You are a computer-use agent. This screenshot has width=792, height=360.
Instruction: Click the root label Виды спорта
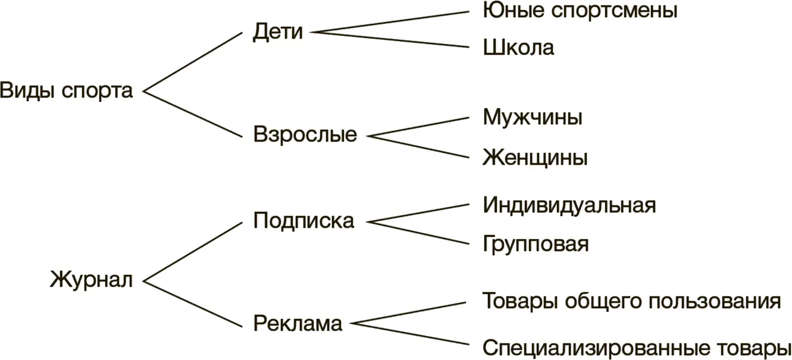(66, 92)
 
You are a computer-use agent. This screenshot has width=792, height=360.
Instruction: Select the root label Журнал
(91, 280)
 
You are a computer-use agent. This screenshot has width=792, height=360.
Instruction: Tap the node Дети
(277, 32)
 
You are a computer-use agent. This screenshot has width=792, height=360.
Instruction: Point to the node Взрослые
(305, 134)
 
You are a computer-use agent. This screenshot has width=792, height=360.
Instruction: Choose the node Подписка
(303, 221)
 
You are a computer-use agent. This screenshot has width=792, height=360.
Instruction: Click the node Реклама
(298, 324)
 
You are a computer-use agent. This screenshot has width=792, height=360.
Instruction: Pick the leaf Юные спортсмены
(580, 11)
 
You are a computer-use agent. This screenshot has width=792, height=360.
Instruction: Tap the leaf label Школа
(518, 48)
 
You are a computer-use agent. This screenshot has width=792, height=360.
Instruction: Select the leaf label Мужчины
(532, 117)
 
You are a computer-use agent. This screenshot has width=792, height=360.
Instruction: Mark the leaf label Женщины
(535, 158)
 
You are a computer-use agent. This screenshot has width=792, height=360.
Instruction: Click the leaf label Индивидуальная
(569, 205)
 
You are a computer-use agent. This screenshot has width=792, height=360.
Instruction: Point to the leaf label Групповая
(536, 244)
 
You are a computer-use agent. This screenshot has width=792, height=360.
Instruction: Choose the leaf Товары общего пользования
(631, 301)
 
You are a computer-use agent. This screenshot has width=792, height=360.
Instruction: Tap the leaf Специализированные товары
(636, 347)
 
